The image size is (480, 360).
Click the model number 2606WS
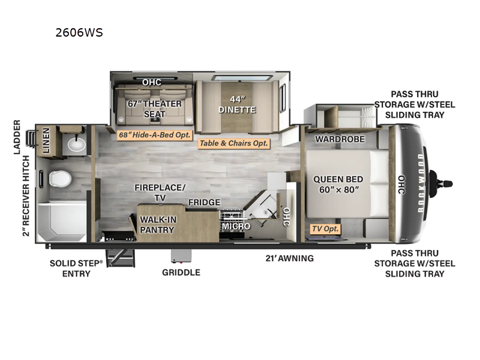tap(79, 33)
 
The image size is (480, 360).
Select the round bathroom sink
tap(76, 144)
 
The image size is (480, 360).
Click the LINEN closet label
tap(46, 142)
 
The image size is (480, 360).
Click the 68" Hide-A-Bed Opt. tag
tap(154, 135)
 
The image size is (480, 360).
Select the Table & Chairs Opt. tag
tap(234, 143)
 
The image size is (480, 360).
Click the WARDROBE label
tap(337, 140)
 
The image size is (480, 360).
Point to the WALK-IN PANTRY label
tap(158, 224)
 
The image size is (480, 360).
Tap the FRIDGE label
tap(204, 203)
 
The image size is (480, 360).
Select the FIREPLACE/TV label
tap(159, 192)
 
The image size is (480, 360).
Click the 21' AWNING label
tap(290, 259)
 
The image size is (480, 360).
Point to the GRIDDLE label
tap(181, 272)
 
